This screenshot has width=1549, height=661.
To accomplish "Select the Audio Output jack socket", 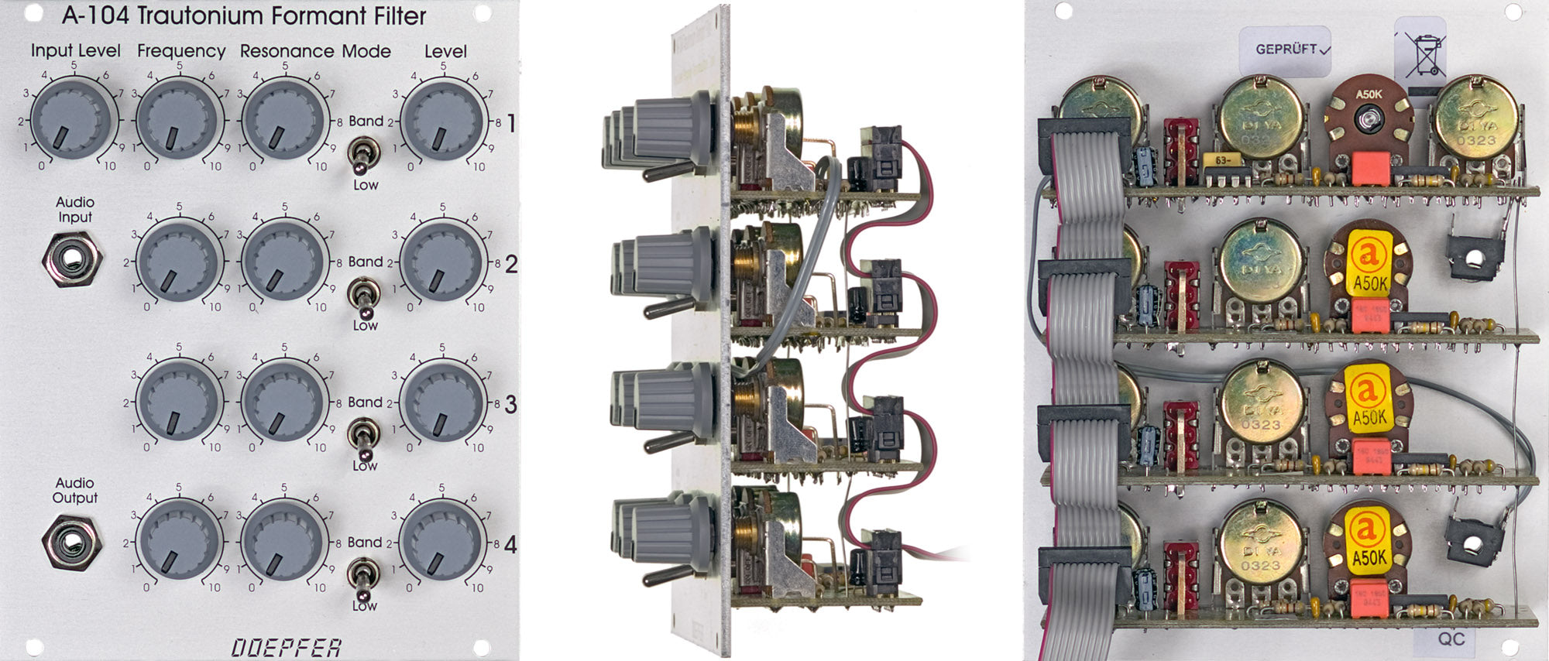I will [72, 539].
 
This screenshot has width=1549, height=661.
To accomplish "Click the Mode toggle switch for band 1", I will [361, 154].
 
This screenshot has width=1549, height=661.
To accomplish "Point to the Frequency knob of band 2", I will [179, 262].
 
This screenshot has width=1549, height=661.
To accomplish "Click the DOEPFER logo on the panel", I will [287, 647].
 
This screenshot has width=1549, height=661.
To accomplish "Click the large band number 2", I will [511, 264].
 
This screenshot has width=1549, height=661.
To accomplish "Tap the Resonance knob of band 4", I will [283, 539].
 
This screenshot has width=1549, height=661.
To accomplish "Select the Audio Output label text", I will [74, 490].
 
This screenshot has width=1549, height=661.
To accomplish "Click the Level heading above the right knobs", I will [445, 52].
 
